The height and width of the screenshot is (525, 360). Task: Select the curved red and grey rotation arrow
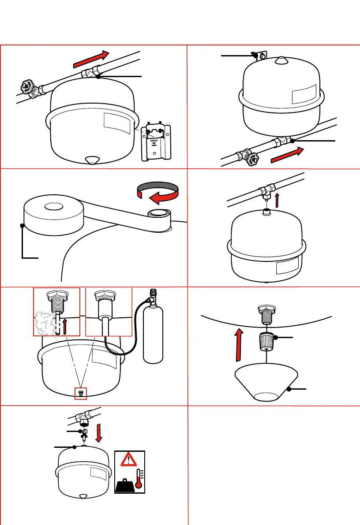point(158,193)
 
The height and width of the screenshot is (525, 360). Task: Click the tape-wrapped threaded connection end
point(159,214)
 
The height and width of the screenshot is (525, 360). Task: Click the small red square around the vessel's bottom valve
point(80,393)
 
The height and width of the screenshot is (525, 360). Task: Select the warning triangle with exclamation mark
point(130,460)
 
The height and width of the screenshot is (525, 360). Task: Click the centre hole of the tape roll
point(53,205)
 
